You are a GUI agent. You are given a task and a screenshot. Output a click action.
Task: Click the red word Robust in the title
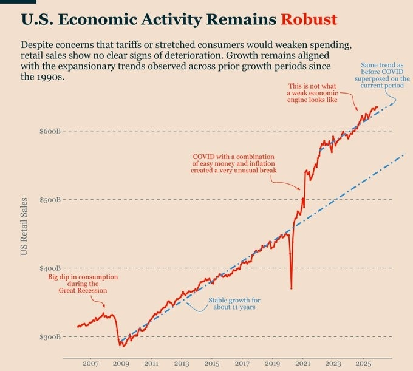tap(309, 19)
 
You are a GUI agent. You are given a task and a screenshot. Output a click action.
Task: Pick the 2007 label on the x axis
tap(90, 363)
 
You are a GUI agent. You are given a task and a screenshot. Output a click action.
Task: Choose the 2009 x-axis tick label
tap(121, 363)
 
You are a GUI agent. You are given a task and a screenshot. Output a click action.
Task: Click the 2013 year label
tap(182, 363)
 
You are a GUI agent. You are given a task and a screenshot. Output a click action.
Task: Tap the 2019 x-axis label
tap(273, 363)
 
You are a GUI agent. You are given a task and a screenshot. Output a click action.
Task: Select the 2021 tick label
tap(303, 363)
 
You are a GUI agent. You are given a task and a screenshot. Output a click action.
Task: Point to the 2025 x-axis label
tap(364, 363)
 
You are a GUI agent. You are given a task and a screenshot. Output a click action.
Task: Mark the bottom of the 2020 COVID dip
tap(292, 288)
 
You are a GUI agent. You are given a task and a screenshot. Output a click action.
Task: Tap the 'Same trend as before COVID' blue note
tap(381, 73)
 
